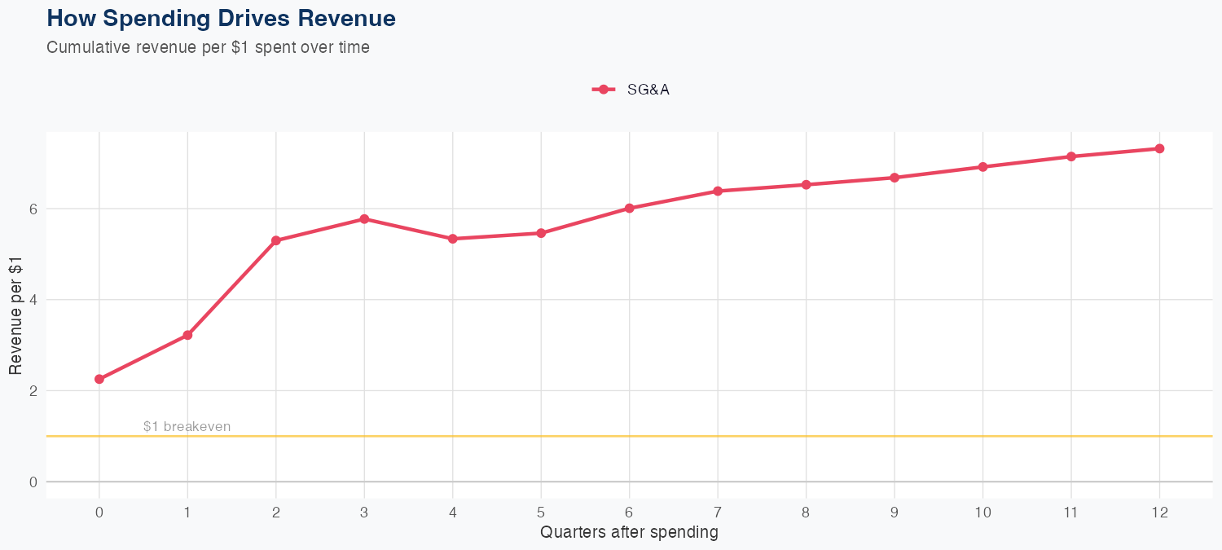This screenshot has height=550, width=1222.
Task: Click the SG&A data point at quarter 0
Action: tap(99, 379)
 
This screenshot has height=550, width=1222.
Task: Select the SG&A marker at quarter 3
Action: tap(364, 219)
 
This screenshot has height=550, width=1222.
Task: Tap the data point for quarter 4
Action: tap(452, 239)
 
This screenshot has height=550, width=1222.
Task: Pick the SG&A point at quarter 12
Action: tap(1159, 148)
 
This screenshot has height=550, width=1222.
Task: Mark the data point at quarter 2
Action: tap(276, 240)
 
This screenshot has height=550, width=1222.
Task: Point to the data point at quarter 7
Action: tap(718, 191)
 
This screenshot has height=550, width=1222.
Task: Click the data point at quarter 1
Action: tap(187, 335)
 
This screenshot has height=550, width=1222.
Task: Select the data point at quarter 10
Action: tap(982, 167)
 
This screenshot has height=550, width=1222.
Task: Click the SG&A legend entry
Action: tap(631, 90)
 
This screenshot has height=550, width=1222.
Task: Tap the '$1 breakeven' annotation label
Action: tap(187, 426)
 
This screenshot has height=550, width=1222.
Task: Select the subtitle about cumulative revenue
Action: tap(208, 47)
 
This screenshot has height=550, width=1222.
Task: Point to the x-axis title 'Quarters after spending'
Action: tap(629, 533)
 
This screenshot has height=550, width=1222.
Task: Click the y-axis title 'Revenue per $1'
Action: tap(15, 315)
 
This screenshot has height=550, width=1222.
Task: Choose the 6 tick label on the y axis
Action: tap(33, 209)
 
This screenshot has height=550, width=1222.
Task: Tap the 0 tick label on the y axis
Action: tap(33, 482)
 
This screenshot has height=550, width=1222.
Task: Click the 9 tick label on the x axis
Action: tap(895, 513)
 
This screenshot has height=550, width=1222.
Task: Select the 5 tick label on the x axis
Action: tap(541, 513)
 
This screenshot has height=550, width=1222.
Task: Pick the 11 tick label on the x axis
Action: tap(1070, 513)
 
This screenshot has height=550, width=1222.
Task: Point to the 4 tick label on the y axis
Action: tap(33, 300)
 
